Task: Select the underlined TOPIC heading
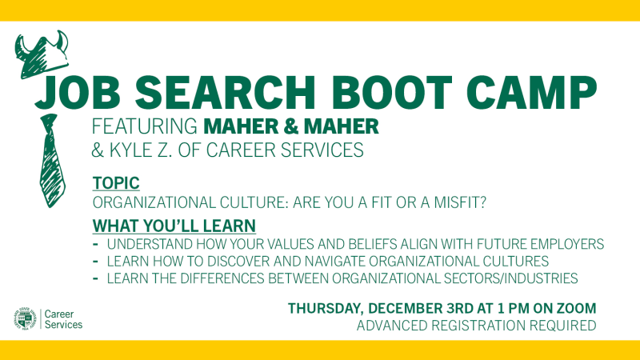116,184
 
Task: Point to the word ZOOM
575,308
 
